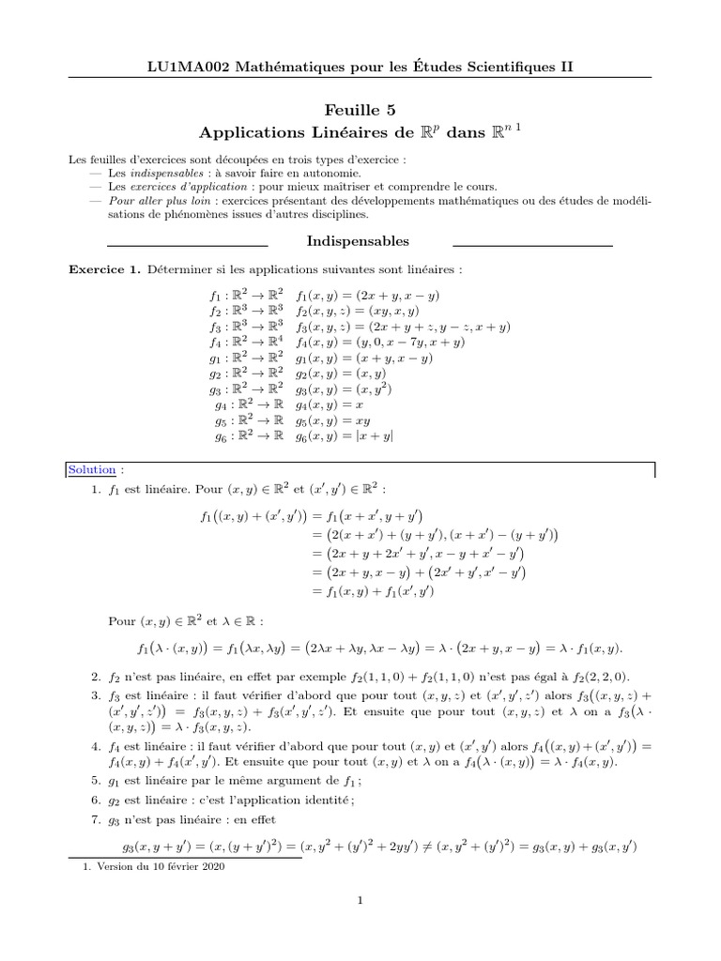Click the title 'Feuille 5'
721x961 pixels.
click(x=360, y=111)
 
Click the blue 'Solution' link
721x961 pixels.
click(x=92, y=469)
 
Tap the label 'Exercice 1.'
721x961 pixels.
click(x=102, y=270)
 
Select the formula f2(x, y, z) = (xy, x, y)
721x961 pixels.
click(x=358, y=312)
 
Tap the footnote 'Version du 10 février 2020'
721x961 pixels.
click(x=161, y=867)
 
